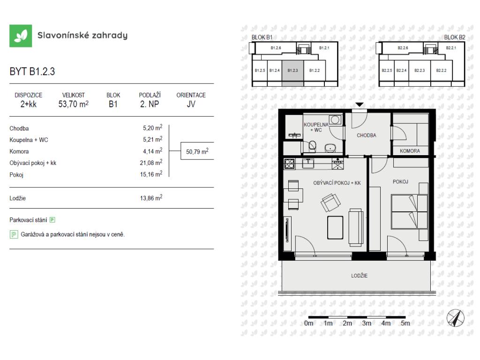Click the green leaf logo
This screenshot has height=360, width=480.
tap(21, 36)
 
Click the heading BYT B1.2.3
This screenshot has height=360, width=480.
tap(32, 71)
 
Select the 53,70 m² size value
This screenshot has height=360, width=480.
tap(74, 104)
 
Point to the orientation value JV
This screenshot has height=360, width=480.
tap(191, 104)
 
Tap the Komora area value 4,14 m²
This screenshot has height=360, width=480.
tap(152, 151)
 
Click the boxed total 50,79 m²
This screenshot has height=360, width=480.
tap(197, 151)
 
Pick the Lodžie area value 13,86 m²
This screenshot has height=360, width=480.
tap(151, 198)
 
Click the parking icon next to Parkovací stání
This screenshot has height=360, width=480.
tap(52, 220)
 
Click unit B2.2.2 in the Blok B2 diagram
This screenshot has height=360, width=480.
tap(441, 70)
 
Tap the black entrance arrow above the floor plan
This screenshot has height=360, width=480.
tap(360, 105)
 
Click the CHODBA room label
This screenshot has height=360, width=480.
tap(367, 135)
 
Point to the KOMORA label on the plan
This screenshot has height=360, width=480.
tap(410, 151)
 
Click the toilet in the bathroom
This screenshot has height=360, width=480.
tap(312, 146)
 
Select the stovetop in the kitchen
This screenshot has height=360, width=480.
tap(289, 164)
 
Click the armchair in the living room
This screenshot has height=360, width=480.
tap(330, 202)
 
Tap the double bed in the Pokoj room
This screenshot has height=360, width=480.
tap(409, 212)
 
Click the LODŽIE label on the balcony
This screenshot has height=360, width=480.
tap(360, 276)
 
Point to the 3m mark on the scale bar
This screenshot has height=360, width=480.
tap(367, 323)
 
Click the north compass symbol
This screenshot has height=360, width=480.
tap(455, 318)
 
